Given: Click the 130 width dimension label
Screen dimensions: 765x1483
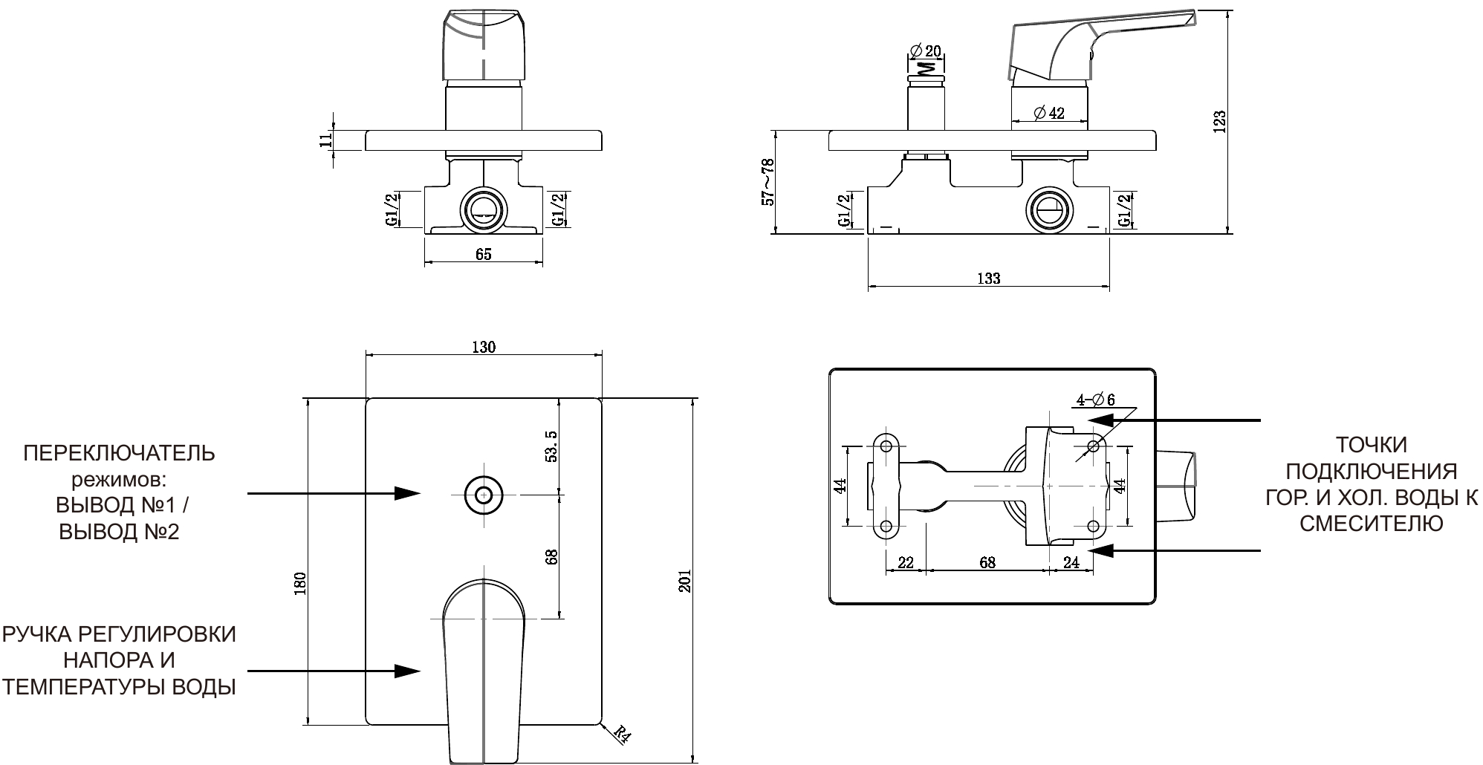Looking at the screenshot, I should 483,347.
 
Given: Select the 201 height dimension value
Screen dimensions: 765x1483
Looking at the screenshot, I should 685,582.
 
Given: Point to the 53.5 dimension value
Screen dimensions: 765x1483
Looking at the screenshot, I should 552,446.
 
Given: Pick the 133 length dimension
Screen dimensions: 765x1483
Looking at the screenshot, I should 988,279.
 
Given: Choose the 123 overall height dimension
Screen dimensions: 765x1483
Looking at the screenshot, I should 1219,122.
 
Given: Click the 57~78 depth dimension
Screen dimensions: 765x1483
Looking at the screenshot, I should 768,182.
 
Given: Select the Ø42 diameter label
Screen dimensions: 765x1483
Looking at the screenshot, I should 1048,113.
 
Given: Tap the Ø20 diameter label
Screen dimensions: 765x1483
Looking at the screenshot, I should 925,51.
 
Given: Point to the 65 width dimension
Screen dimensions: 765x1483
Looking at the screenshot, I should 483,255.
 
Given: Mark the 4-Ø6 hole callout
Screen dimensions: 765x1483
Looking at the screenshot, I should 1096,400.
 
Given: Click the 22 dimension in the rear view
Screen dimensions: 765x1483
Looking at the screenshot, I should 905,562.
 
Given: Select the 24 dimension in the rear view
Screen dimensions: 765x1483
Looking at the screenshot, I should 1071,562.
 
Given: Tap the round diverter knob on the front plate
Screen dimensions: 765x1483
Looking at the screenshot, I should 484,494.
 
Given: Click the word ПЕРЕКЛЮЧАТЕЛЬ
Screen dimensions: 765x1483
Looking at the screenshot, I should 119,453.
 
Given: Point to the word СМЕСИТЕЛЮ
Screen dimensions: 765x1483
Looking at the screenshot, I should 1371,524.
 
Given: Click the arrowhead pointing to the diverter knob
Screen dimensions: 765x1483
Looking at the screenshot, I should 407,493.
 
